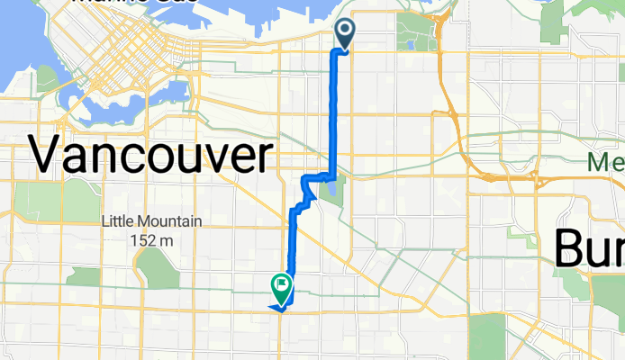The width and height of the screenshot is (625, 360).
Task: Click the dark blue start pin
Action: (346, 34)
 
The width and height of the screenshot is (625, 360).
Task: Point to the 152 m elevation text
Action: (151, 240)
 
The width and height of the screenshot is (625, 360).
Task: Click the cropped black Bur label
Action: (589, 247)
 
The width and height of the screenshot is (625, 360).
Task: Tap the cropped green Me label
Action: (605, 163)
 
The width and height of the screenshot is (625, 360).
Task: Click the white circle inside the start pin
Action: (346, 30)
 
